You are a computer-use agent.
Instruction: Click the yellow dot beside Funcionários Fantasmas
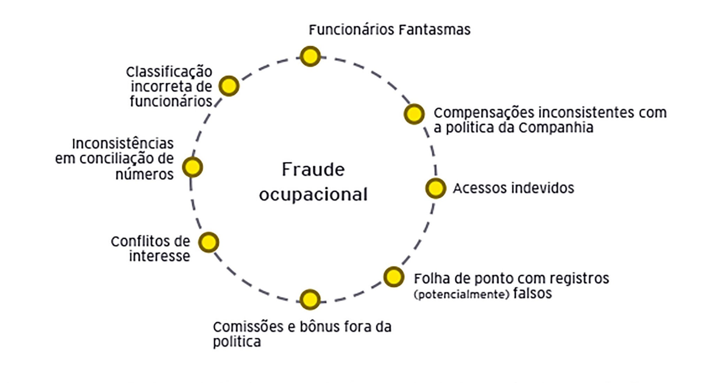click(310, 56)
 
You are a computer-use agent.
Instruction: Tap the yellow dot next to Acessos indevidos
click(435, 188)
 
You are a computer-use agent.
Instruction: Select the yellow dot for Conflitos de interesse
click(208, 242)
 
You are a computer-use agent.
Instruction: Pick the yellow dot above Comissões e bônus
click(310, 300)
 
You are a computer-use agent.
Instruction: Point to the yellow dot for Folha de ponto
click(394, 277)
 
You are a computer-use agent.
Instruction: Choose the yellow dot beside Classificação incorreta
click(229, 86)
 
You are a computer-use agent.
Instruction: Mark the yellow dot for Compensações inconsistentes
click(414, 114)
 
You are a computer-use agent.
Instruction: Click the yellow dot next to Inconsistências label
click(192, 167)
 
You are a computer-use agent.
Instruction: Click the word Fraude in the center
click(313, 170)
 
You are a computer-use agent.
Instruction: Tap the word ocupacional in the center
click(313, 195)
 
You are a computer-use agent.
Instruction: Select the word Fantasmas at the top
click(434, 30)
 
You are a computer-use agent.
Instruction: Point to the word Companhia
click(556, 128)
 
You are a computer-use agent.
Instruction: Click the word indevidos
click(544, 188)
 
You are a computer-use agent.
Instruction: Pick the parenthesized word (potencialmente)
click(462, 295)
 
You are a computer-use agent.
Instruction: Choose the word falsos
click(532, 293)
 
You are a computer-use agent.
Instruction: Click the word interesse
click(159, 256)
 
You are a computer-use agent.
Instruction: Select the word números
click(144, 174)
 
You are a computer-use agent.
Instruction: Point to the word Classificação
click(169, 72)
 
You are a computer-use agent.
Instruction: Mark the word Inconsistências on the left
click(123, 144)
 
